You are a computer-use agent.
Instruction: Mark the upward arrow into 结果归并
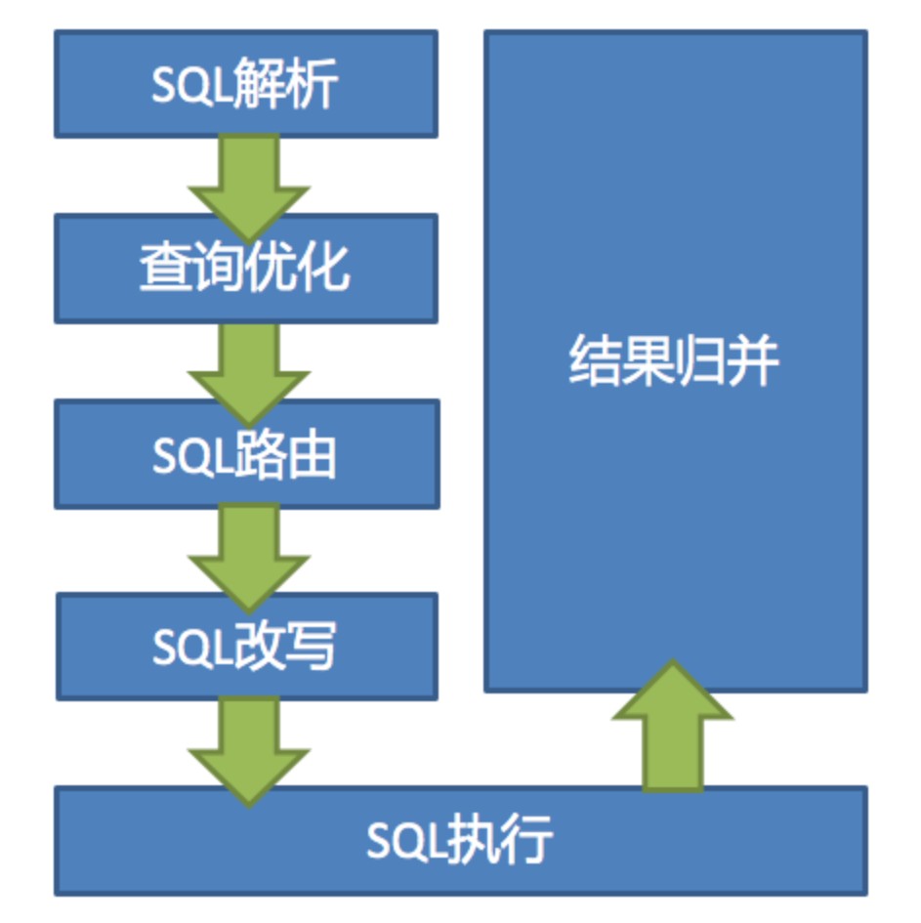point(672,728)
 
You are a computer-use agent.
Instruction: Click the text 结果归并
point(675,361)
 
